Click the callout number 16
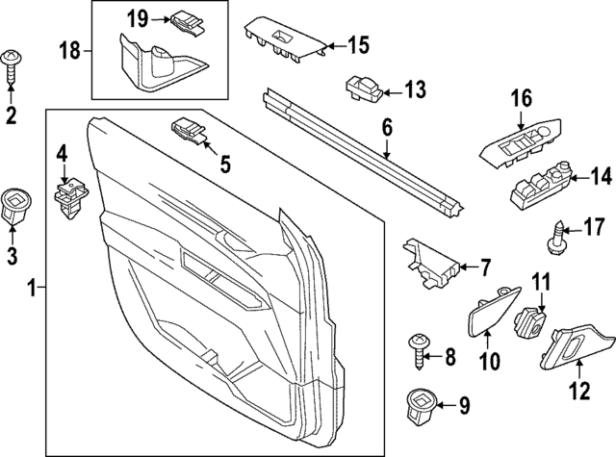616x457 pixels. click(x=521, y=98)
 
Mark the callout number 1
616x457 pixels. click(x=32, y=287)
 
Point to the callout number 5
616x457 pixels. click(x=224, y=165)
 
